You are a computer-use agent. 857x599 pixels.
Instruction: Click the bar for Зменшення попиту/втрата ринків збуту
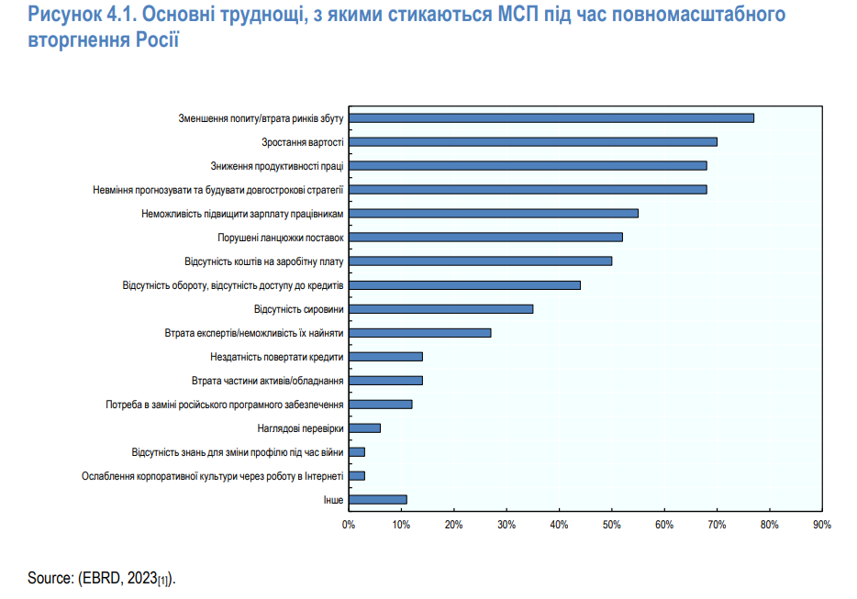[x=551, y=117]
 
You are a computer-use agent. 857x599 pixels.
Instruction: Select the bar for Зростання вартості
[x=532, y=141]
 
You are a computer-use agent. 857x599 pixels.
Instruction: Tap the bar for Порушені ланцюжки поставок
[x=485, y=237]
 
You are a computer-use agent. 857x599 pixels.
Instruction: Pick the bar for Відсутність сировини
[x=440, y=308]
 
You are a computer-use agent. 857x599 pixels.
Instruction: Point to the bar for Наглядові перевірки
[x=364, y=427]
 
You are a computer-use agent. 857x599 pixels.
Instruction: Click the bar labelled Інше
[x=377, y=499]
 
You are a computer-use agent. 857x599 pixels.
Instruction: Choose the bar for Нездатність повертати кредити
[x=385, y=356]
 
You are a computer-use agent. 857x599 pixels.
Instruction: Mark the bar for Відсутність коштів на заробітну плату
[x=480, y=261]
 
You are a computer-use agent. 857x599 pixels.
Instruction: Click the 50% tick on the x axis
[x=611, y=525]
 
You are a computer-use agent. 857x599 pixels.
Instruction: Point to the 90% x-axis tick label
[x=821, y=525]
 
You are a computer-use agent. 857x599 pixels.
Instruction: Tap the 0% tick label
[x=349, y=525]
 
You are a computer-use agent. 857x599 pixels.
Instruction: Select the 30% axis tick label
[x=506, y=525]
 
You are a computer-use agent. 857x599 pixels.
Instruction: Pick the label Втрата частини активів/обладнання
[x=268, y=380]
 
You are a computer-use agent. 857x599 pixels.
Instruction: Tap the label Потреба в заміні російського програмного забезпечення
[x=225, y=404]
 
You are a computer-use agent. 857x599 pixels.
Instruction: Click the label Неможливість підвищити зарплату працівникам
[x=242, y=213]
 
